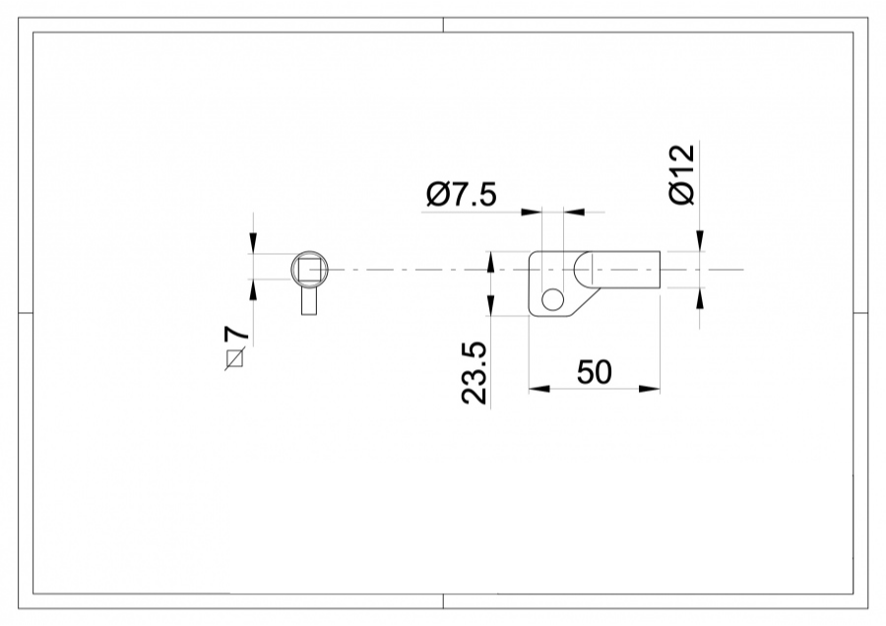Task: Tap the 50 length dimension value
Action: tap(594, 372)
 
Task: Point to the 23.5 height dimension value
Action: tap(475, 373)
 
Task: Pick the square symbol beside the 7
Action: tap(234, 358)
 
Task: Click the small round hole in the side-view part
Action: tap(552, 299)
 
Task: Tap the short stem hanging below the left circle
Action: tap(309, 300)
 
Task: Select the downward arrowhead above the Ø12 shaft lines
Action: tap(700, 242)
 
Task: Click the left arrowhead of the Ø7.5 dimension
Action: tap(532, 211)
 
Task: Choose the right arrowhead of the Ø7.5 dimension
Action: tap(571, 211)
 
